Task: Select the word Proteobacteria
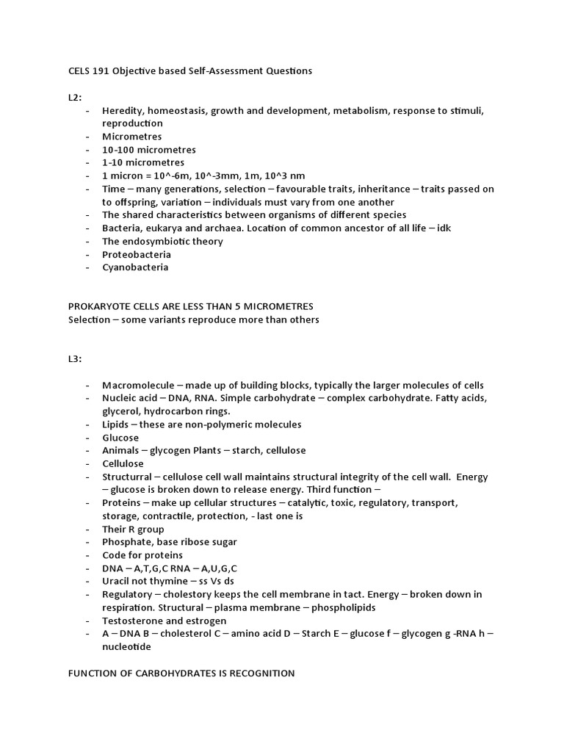[137, 254]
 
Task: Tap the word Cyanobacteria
[135, 267]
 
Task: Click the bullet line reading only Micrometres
[132, 137]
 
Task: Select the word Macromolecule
[138, 386]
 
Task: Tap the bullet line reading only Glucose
[120, 438]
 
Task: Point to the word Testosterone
[134, 621]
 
